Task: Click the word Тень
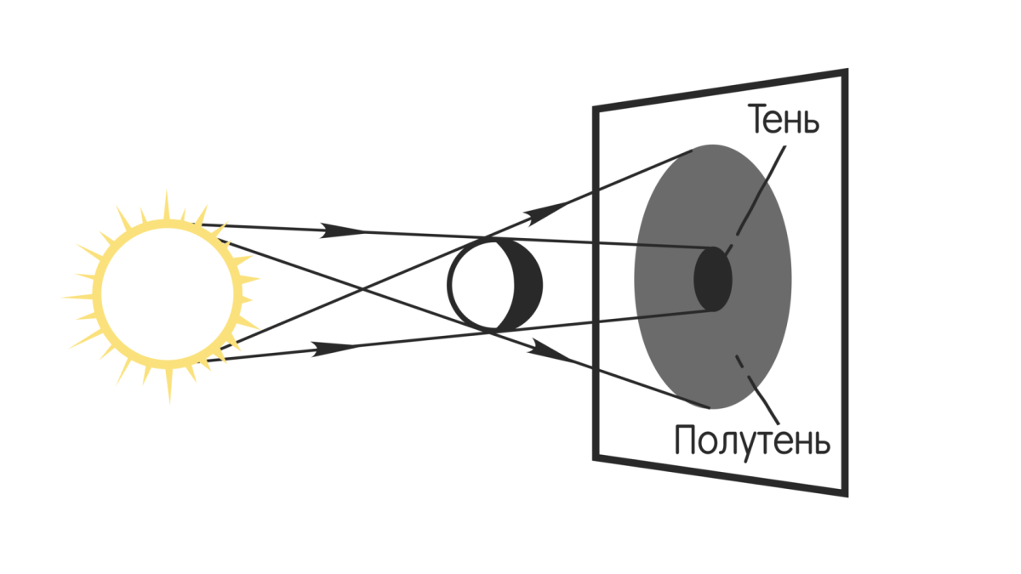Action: (x=784, y=120)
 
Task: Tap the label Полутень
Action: (x=751, y=440)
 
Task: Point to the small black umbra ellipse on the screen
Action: (x=713, y=280)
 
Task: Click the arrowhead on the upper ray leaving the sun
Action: (x=345, y=230)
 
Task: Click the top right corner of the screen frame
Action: (x=845, y=72)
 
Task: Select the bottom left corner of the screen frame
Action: (x=596, y=457)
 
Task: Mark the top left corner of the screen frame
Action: (x=596, y=108)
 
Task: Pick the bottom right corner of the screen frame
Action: (x=845, y=493)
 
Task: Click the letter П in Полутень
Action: (x=686, y=440)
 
